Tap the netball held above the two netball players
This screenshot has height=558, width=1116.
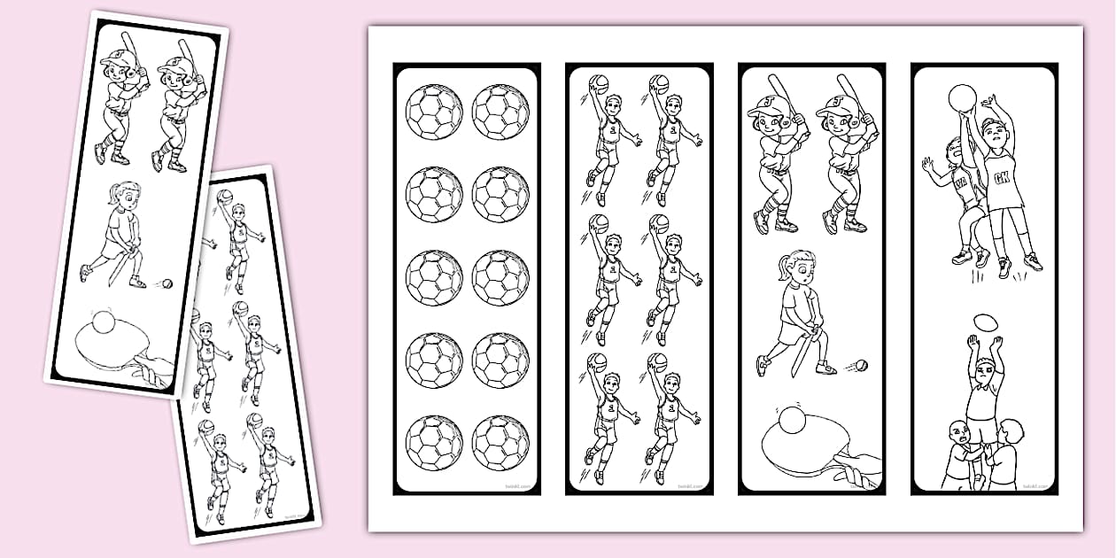pyautogui.click(x=962, y=97)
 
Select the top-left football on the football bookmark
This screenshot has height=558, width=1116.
pyautogui.click(x=434, y=112)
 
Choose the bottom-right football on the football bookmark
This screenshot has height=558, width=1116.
pyautogui.click(x=500, y=442)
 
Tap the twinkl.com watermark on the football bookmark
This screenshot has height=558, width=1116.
pyautogui.click(x=514, y=485)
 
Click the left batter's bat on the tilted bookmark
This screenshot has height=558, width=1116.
pyautogui.click(x=129, y=49)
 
